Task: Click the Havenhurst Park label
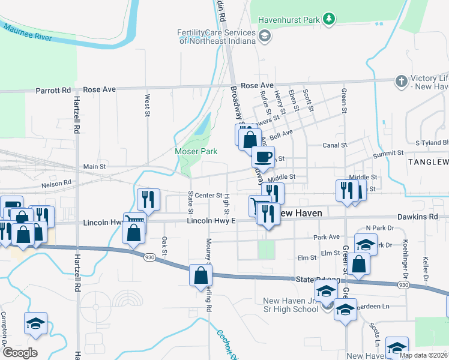(x=289, y=20)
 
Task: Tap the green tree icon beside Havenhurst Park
(x=329, y=20)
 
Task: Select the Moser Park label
(x=196, y=151)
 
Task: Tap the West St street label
(x=147, y=105)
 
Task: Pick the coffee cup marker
(x=263, y=157)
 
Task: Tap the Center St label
(x=209, y=195)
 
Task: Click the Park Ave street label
(x=327, y=237)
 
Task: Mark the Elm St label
(x=307, y=257)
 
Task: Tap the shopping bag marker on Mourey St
(x=200, y=276)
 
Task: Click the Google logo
(x=19, y=353)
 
